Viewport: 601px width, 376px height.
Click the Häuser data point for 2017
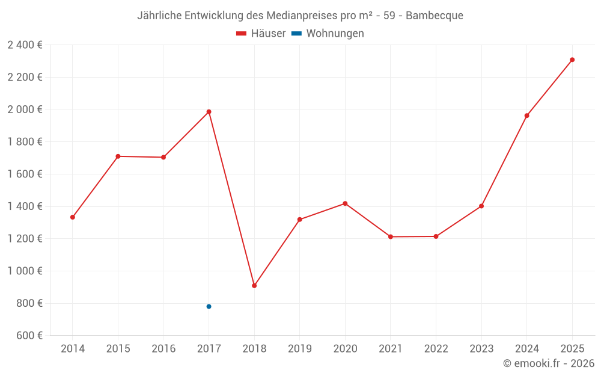209,112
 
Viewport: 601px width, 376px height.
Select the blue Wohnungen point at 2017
209,307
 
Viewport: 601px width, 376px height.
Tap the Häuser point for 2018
254,286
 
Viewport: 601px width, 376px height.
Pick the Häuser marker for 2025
572,60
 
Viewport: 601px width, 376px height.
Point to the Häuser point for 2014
73,217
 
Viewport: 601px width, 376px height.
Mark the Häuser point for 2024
526,116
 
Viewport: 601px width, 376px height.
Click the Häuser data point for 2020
345,203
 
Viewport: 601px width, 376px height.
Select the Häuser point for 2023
481,206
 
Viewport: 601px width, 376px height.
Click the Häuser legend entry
261,34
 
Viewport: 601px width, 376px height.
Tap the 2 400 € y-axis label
25,45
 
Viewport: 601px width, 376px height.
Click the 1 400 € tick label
25,206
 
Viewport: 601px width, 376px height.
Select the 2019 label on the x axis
299,349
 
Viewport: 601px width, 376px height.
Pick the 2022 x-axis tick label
436,349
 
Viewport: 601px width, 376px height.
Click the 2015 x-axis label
118,349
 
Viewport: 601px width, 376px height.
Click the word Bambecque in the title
435,16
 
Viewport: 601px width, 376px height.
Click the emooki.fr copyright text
549,363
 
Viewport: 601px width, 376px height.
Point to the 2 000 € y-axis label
25,109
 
